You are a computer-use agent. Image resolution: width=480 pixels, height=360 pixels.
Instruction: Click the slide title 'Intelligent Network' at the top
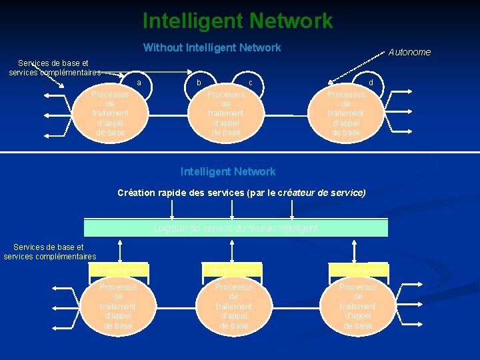tap(237, 21)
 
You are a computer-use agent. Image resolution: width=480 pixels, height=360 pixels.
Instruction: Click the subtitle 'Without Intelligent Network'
tap(212, 47)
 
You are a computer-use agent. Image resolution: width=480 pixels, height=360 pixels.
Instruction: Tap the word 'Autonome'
tap(409, 52)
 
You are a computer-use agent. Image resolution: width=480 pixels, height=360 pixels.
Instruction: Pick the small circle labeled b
tap(198, 83)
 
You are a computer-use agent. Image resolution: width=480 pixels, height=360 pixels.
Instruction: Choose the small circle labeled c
tap(251, 83)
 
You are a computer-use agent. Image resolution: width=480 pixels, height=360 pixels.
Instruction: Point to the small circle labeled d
tap(371, 83)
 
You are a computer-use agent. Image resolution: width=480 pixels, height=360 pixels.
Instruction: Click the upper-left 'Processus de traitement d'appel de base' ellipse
tap(110, 113)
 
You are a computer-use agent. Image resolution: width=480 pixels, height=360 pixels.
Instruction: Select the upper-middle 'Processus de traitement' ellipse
tap(226, 113)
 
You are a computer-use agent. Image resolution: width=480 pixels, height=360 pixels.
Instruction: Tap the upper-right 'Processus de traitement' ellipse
tap(345, 113)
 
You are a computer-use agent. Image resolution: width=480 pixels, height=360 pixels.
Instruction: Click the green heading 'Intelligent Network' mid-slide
tap(228, 171)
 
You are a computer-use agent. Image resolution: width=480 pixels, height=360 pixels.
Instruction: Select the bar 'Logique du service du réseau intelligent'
tap(236, 228)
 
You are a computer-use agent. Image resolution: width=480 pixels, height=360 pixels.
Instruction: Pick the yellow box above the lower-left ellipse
tap(119, 269)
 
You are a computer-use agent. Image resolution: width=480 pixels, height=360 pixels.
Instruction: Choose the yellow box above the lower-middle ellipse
tap(233, 269)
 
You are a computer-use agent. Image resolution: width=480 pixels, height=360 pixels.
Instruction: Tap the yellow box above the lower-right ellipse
tap(358, 269)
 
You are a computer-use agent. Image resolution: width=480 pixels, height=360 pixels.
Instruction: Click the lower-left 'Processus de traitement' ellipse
tap(118, 306)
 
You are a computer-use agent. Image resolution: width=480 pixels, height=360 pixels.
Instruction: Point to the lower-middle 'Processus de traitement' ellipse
tap(233, 306)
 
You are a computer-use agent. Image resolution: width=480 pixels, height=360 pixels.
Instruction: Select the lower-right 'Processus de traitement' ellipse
tap(357, 306)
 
